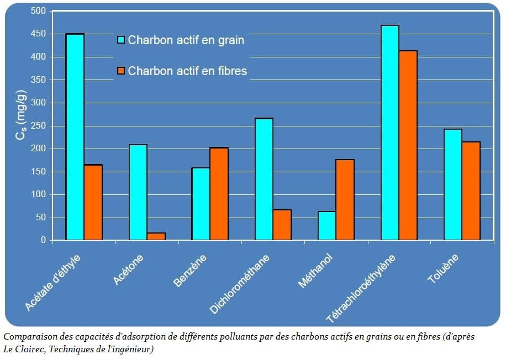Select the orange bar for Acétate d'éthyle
pyautogui.click(x=93, y=202)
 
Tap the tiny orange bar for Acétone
pyautogui.click(x=156, y=236)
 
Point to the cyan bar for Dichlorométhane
pyautogui.click(x=264, y=179)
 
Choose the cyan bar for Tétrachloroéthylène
pyautogui.click(x=390, y=133)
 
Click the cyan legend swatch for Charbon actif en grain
pyautogui.click(x=121, y=40)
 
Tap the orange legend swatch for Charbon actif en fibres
pyautogui.click(x=121, y=71)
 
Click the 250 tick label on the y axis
pyautogui.click(x=38, y=126)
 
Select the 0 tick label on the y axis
pyautogui.click(x=43, y=240)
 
